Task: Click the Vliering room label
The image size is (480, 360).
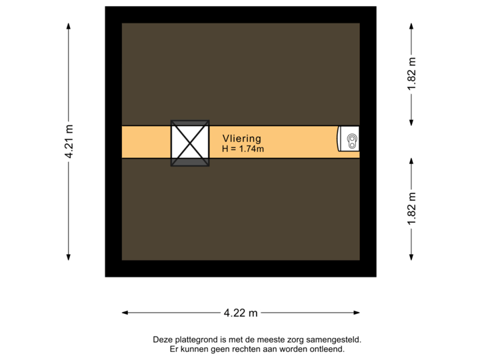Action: click(241, 137)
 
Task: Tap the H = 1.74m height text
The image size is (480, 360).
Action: click(243, 149)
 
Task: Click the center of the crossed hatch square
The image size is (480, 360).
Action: click(189, 142)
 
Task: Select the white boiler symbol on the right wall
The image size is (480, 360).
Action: click(349, 139)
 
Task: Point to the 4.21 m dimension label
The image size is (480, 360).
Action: click(68, 141)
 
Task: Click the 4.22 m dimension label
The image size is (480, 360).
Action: click(241, 312)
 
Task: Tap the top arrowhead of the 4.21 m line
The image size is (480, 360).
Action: click(68, 24)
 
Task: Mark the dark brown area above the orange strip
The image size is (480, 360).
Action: click(240, 73)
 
